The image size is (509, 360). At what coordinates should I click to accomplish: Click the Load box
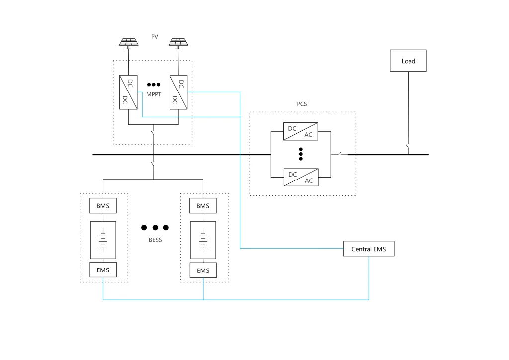pos(408,61)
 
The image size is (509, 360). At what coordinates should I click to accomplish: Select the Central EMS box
pos(368,249)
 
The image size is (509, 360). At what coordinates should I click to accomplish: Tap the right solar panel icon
pos(178,42)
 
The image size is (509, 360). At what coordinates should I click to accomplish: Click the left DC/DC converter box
pos(128,91)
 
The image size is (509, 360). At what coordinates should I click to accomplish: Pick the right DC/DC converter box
pos(178,91)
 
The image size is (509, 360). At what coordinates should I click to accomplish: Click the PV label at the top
pos(154,37)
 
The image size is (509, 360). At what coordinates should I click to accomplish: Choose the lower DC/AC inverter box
pos(300,178)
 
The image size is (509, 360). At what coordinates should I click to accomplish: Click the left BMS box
pos(103,205)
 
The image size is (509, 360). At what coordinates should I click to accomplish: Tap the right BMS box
pos(203,205)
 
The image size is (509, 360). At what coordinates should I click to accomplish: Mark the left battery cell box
pos(103,238)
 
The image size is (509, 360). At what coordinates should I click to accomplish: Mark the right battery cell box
pos(203,238)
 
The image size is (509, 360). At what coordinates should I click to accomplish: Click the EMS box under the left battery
pos(103,270)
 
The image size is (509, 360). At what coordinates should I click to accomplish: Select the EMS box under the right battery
pos(203,270)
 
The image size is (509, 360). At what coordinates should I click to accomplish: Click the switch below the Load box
pos(408,148)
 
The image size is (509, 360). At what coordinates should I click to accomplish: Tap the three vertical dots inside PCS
pos(300,154)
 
